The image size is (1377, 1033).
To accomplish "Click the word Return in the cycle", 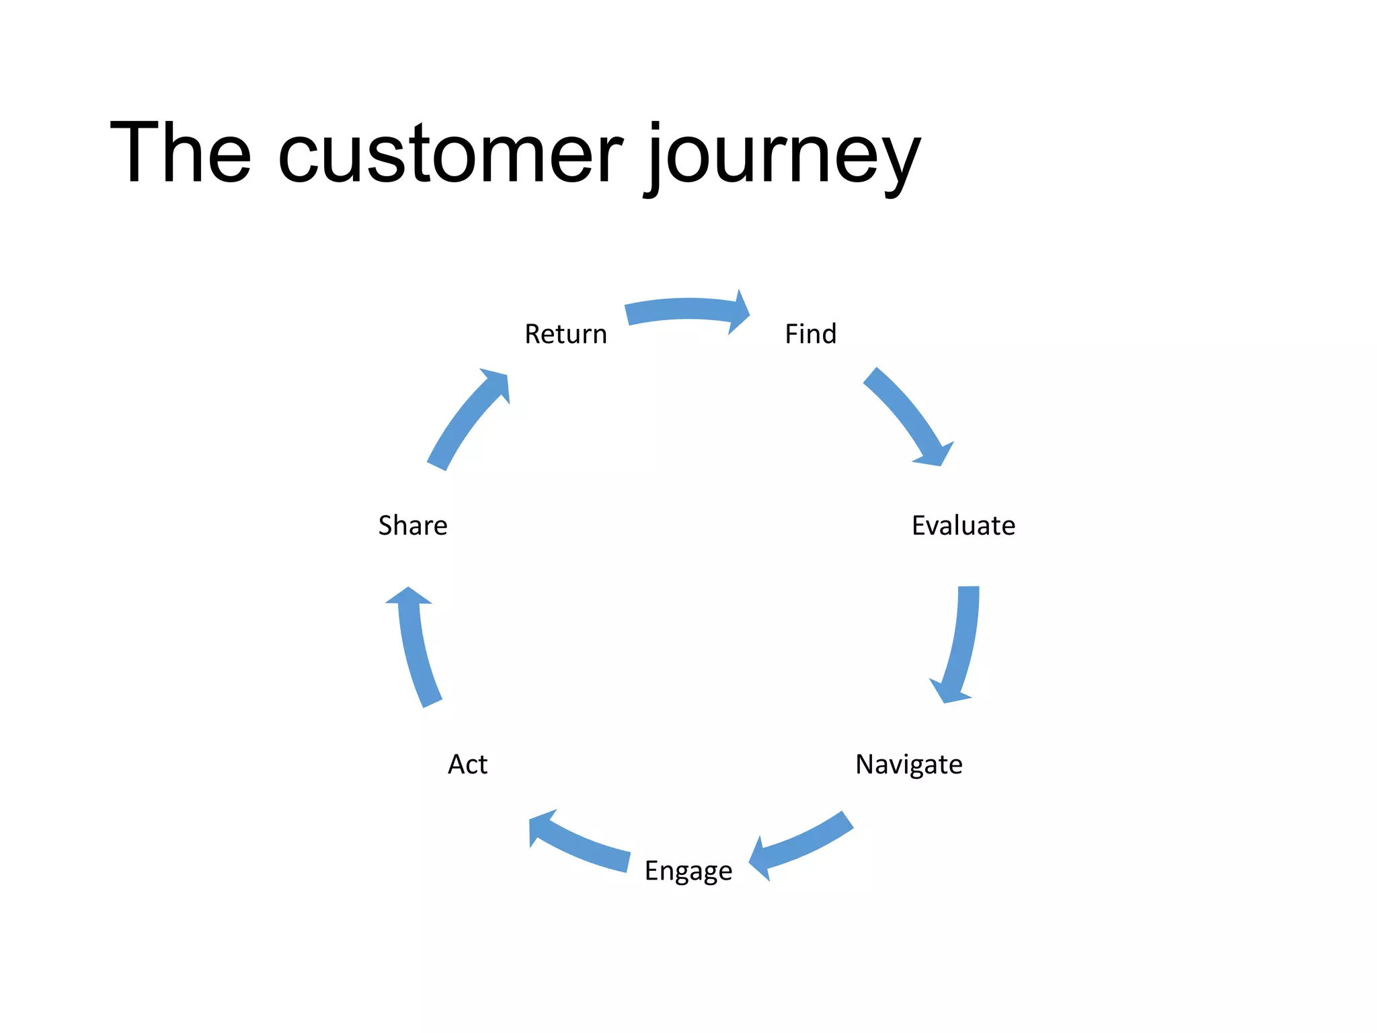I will click(565, 334).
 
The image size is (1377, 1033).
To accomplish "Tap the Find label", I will click(811, 334).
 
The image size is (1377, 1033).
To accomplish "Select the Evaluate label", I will click(963, 526).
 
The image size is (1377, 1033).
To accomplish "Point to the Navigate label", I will click(908, 765).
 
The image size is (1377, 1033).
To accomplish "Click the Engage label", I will click(688, 871).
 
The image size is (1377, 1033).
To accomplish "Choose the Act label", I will click(467, 765).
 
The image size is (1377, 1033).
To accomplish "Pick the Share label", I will click(413, 526).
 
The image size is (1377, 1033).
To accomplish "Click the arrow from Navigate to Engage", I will click(803, 844).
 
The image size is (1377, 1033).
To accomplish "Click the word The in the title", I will click(180, 153).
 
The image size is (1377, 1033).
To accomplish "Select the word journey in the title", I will click(783, 158).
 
